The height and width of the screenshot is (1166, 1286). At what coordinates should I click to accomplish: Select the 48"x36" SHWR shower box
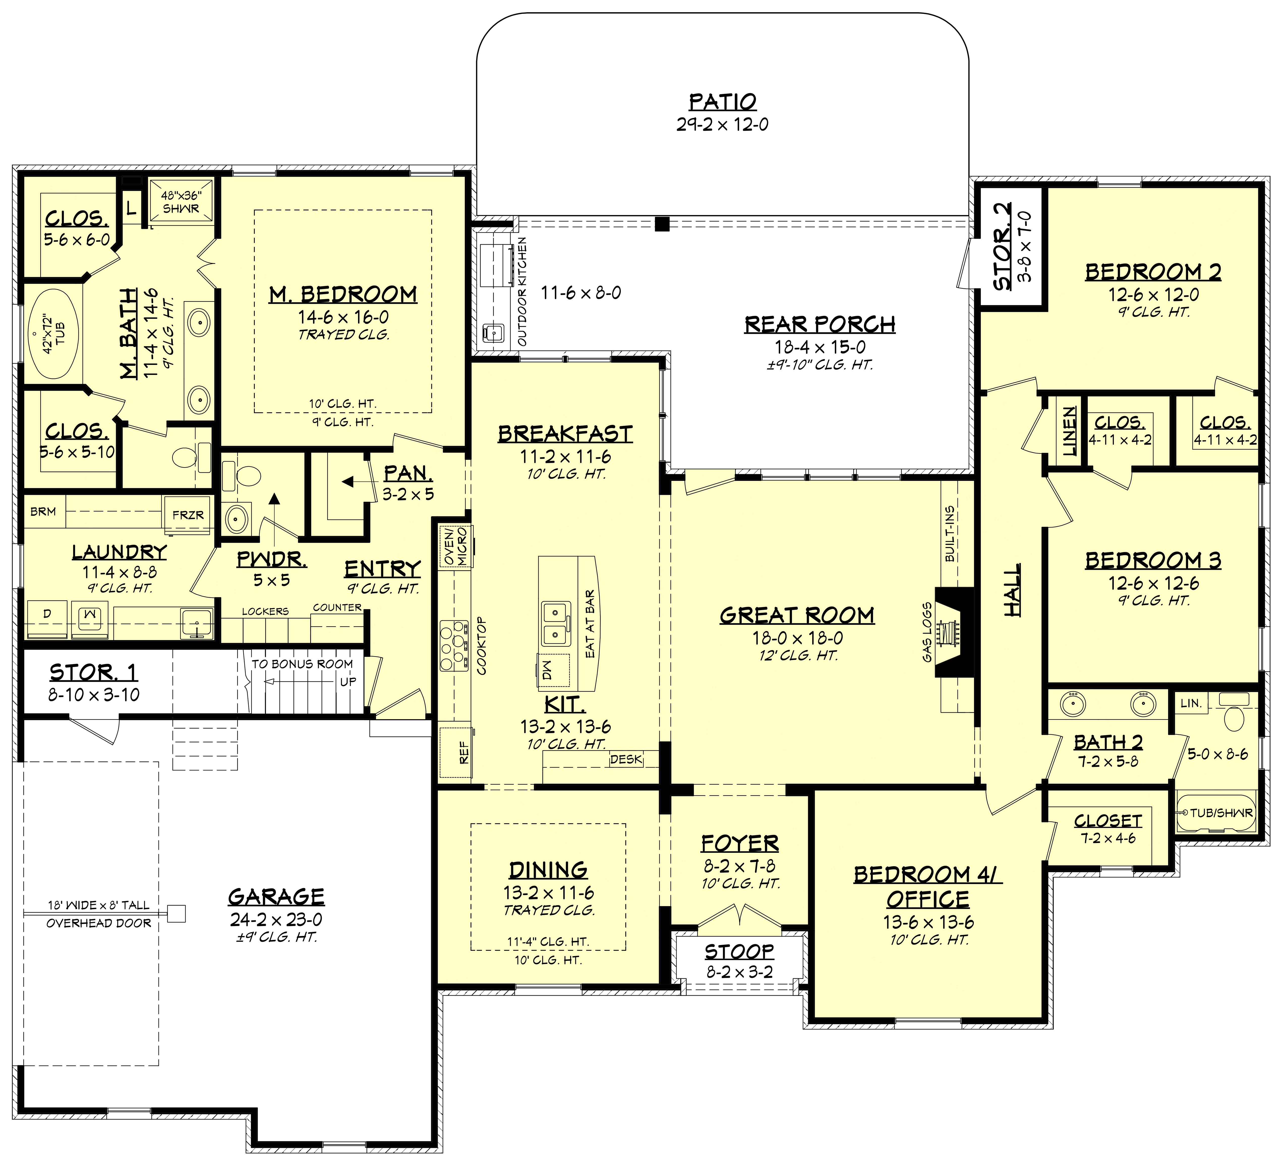point(181,202)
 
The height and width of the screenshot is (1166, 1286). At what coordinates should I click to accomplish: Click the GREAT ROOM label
point(797,615)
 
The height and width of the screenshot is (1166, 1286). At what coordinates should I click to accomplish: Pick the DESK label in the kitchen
point(626,760)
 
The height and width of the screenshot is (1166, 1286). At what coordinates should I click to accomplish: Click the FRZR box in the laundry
point(188,514)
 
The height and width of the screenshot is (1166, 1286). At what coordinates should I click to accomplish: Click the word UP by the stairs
point(348,682)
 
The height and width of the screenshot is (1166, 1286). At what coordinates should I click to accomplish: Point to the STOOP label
point(739,952)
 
